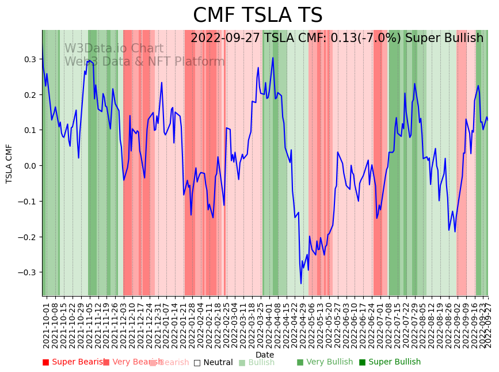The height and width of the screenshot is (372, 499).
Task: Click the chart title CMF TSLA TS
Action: (x=257, y=16)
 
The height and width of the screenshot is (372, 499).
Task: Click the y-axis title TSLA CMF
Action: (x=9, y=164)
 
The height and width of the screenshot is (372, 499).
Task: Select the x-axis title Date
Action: (x=265, y=355)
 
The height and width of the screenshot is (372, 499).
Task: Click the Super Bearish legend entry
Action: (x=74, y=362)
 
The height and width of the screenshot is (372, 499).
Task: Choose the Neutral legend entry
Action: (x=213, y=362)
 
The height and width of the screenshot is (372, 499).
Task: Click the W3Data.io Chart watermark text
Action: (x=113, y=49)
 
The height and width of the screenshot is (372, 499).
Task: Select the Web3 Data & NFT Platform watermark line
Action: (x=144, y=62)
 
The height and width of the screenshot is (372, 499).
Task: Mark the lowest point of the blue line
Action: (x=301, y=283)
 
